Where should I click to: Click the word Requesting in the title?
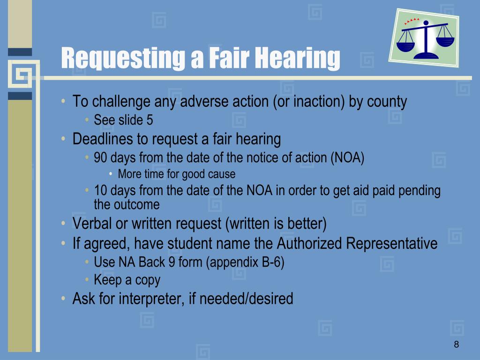pyautogui.click(x=121, y=58)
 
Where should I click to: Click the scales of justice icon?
pyautogui.click(x=425, y=38)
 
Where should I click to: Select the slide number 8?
pyautogui.click(x=456, y=345)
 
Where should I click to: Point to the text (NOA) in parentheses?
pyautogui.click(x=347, y=157)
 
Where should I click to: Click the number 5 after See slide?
pyautogui.click(x=150, y=120)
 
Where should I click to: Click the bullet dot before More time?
pyautogui.click(x=111, y=174)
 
